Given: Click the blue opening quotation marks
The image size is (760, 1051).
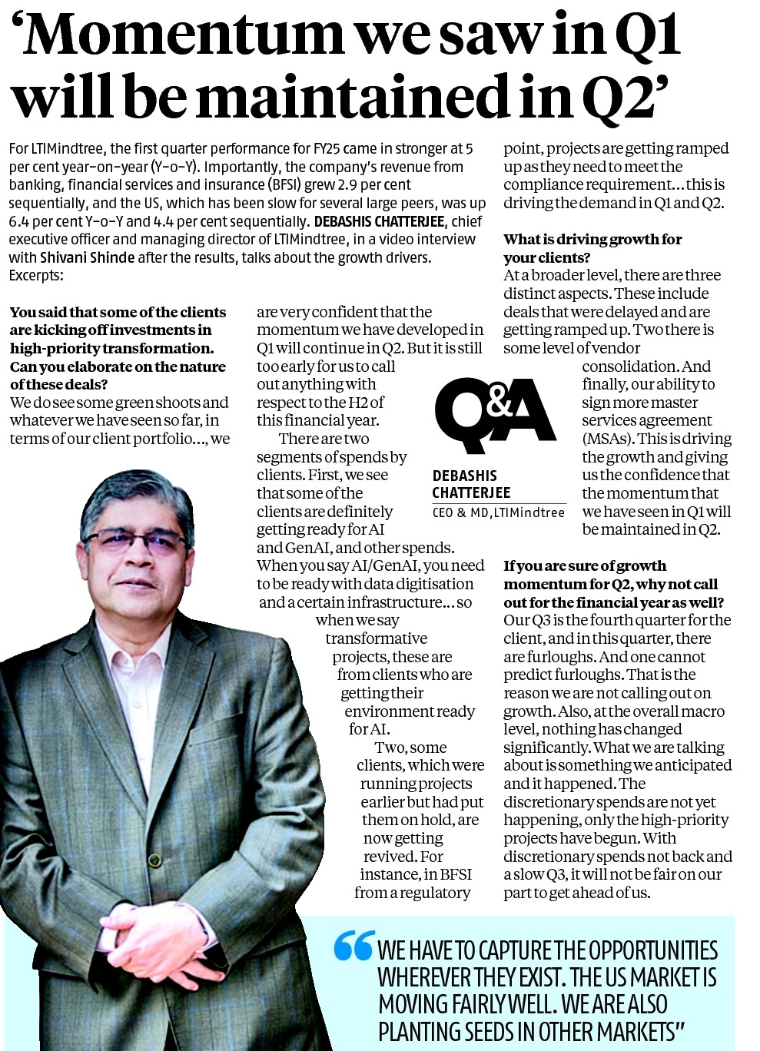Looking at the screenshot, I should (x=353, y=947).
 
